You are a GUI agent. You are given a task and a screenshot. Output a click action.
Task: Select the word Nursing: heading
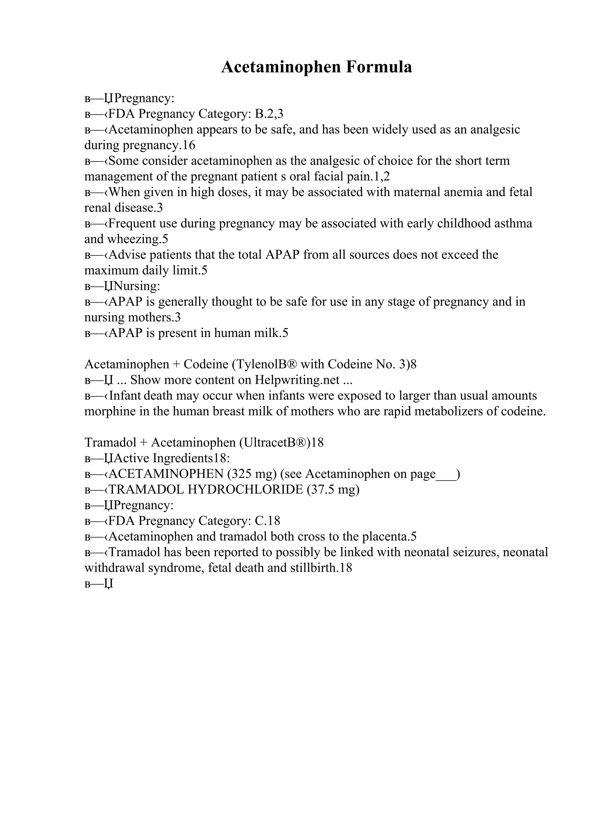tap(137, 286)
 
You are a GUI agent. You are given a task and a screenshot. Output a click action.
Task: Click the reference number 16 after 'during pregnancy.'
tap(189, 146)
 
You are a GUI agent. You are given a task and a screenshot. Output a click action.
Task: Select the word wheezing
tap(134, 239)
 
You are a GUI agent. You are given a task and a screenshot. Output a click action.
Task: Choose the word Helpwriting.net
tap(297, 380)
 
